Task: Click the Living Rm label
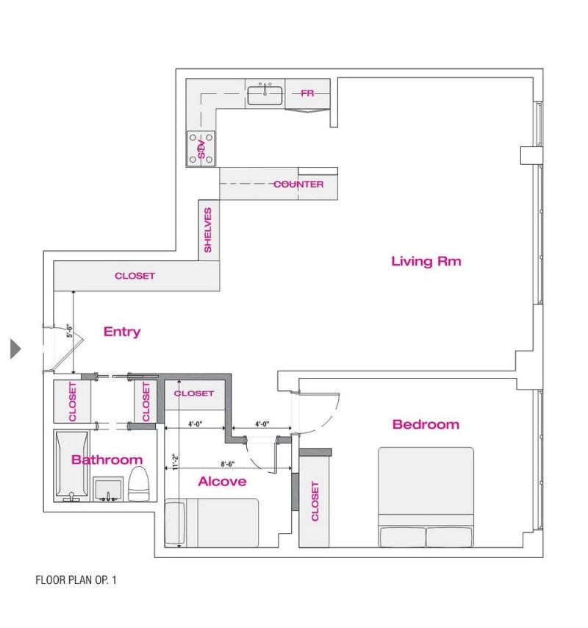pos(426,261)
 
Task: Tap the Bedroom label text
pos(426,424)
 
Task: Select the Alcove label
pos(222,482)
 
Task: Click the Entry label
pos(122,332)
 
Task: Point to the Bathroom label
pos(107,460)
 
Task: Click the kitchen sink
pos(265,95)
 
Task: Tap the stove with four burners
pos(201,148)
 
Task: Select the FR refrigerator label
pos(307,93)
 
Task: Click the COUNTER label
pos(298,184)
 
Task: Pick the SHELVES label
pos(208,230)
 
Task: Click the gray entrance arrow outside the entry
pos(15,349)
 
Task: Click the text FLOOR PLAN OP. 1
pos(76,580)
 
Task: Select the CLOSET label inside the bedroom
pos(315,501)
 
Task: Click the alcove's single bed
pos(212,522)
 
